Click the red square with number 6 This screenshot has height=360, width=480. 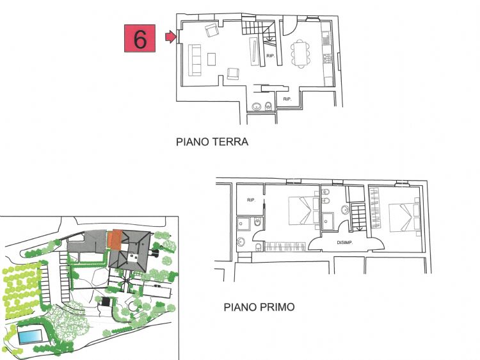(x=140, y=38)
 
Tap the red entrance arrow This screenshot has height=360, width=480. (x=171, y=37)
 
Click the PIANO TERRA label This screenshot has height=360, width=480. (x=212, y=142)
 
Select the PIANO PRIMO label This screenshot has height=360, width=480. (x=259, y=307)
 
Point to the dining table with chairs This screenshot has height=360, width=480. (x=300, y=53)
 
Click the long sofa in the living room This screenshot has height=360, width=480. (x=195, y=60)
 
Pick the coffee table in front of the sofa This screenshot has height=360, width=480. (x=212, y=59)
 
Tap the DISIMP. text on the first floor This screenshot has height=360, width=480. (x=345, y=243)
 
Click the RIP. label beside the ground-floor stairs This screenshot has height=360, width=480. (x=270, y=56)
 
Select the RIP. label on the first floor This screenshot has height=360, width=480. (x=251, y=200)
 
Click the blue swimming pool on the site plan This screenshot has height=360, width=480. (x=30, y=336)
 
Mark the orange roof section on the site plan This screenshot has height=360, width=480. (x=115, y=240)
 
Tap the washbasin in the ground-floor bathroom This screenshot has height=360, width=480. (x=256, y=106)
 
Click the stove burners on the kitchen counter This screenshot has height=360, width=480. (x=327, y=57)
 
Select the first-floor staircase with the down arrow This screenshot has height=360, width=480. (x=358, y=217)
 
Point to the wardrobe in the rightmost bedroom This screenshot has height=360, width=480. (x=374, y=208)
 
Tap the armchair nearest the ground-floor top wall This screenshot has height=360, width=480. (x=212, y=30)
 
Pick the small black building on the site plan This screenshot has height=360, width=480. (x=106, y=302)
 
